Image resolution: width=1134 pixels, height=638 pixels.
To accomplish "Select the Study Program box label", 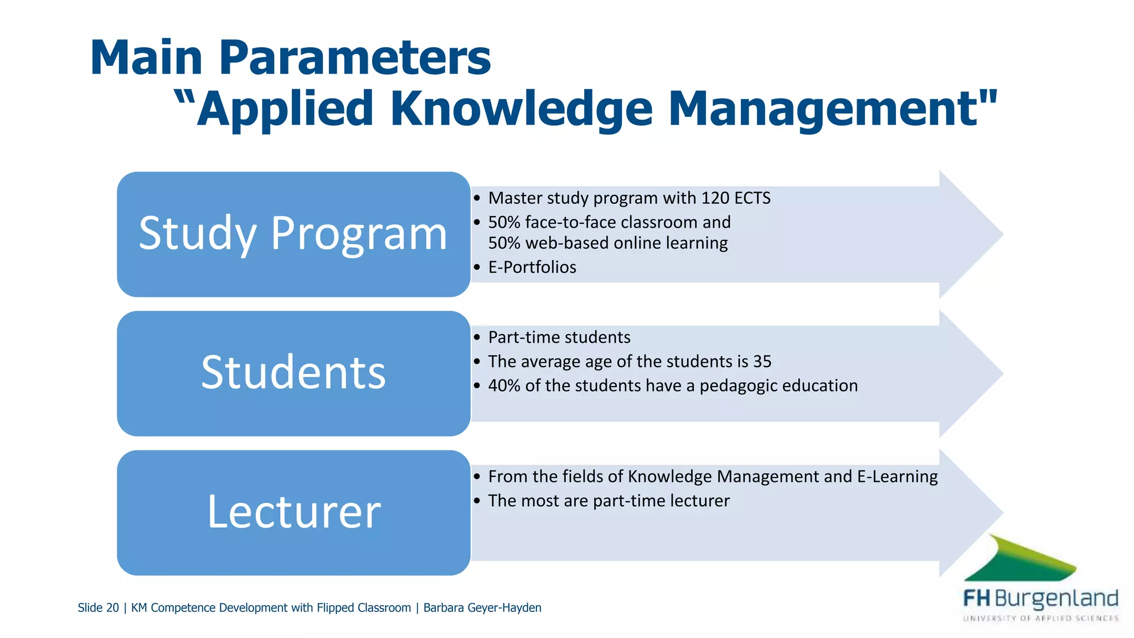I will click(293, 234).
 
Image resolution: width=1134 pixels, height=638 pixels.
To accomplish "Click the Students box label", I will click(293, 373).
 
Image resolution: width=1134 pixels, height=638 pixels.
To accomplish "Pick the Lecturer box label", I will click(293, 512).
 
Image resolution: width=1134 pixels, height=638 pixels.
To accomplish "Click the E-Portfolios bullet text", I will click(532, 267).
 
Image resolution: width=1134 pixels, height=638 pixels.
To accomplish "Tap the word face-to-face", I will click(571, 223).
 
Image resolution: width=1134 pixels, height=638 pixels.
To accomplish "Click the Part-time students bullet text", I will click(559, 337).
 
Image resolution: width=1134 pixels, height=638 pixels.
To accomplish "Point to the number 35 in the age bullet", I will click(762, 362).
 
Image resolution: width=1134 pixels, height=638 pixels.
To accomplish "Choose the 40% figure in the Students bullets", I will click(504, 386).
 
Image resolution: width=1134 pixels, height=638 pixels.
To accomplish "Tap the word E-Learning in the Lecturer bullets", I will click(897, 477).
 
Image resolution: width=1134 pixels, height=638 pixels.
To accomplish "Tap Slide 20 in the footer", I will click(98, 608).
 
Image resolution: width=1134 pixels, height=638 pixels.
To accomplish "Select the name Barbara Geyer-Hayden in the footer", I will click(482, 608).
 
